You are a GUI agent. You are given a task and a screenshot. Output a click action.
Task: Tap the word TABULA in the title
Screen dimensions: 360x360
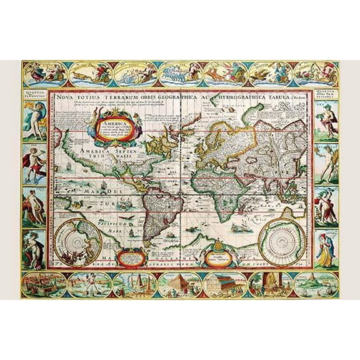[x=280, y=97]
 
